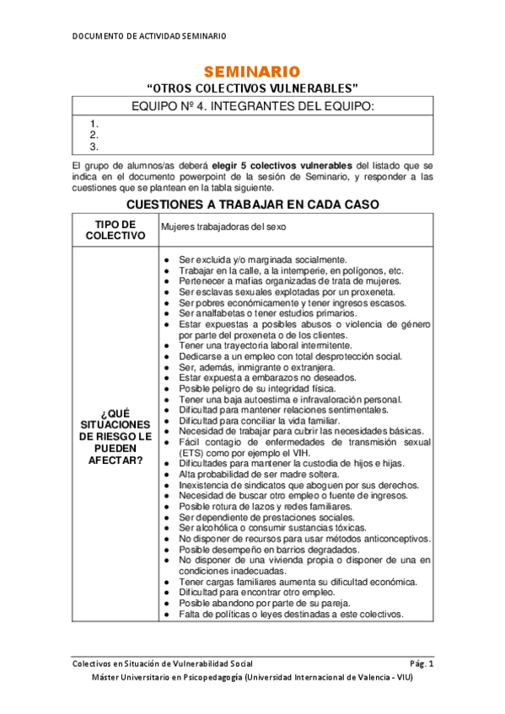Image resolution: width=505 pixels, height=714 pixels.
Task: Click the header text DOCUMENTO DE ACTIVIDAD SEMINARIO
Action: click(x=149, y=35)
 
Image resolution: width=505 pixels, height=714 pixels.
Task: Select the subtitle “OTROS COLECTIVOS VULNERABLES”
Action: click(x=252, y=88)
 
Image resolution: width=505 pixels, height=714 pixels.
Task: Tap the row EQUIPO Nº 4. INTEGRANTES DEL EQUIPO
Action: click(x=253, y=105)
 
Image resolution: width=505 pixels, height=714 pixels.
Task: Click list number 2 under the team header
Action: click(x=94, y=135)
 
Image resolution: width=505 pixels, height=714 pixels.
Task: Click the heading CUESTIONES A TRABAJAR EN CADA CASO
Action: click(x=252, y=205)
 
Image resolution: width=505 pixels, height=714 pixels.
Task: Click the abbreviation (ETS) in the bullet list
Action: click(x=193, y=452)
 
